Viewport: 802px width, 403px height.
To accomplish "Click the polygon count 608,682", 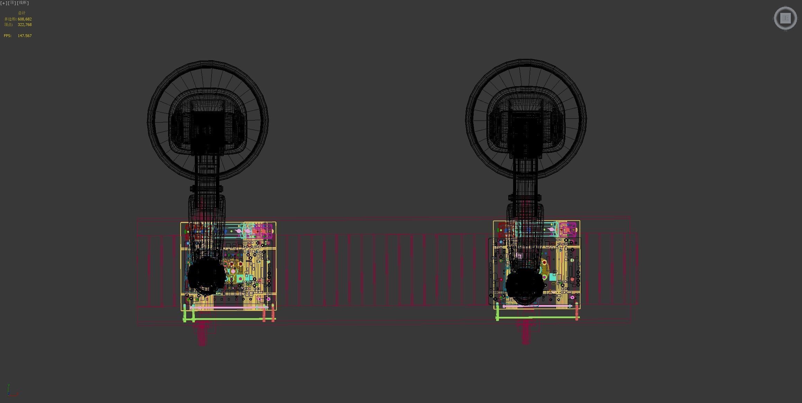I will point(25,19).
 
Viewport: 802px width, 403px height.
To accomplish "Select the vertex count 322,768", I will point(25,25).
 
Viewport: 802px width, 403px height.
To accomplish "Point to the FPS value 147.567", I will point(25,36).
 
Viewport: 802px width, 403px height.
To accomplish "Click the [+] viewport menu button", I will point(3,3).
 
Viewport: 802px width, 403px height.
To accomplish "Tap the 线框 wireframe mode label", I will point(23,3).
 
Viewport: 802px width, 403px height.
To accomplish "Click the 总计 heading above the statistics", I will point(21,13).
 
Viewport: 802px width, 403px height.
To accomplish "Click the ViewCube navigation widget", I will point(785,18).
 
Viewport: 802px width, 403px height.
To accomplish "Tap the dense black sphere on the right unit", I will point(524,286).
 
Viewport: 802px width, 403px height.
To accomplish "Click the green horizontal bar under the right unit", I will point(536,317).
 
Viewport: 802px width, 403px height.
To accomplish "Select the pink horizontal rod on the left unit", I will point(228,307).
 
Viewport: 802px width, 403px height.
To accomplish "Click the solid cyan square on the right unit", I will point(552,277).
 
